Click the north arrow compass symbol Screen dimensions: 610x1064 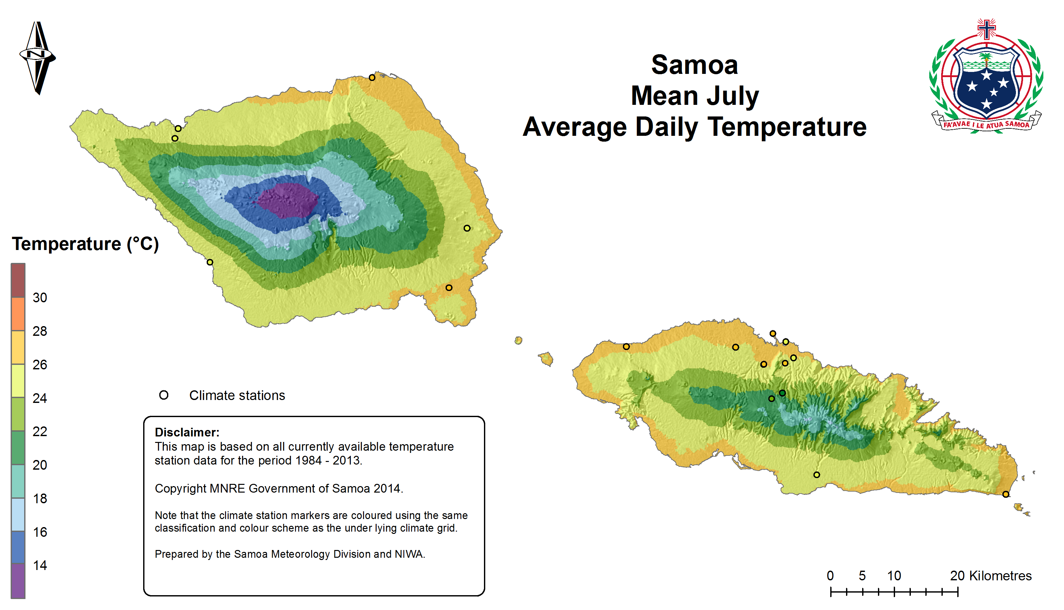38,57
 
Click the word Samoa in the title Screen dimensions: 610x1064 694,65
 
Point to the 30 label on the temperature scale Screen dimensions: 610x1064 40,298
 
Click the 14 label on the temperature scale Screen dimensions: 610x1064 40,565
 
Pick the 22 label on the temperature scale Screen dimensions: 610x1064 40,432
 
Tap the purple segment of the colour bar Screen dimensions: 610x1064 18,581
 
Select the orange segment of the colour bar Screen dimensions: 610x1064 18,314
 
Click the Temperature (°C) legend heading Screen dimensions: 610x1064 85,244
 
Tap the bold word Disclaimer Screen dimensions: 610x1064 187,432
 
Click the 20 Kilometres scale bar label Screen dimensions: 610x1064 990,576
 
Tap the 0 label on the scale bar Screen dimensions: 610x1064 830,576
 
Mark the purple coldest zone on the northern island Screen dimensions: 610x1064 287,200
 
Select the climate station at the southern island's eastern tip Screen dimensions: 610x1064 1005,495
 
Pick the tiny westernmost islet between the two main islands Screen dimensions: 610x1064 518,340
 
